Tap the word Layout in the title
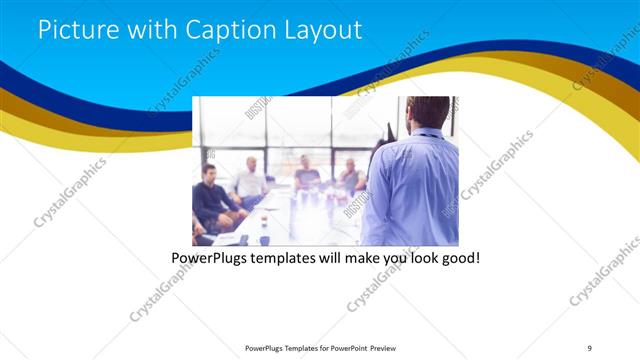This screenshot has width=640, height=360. tap(321, 29)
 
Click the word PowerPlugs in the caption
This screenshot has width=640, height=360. tap(210, 258)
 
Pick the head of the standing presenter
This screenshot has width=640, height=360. tap(429, 112)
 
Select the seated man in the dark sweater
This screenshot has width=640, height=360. tap(210, 195)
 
